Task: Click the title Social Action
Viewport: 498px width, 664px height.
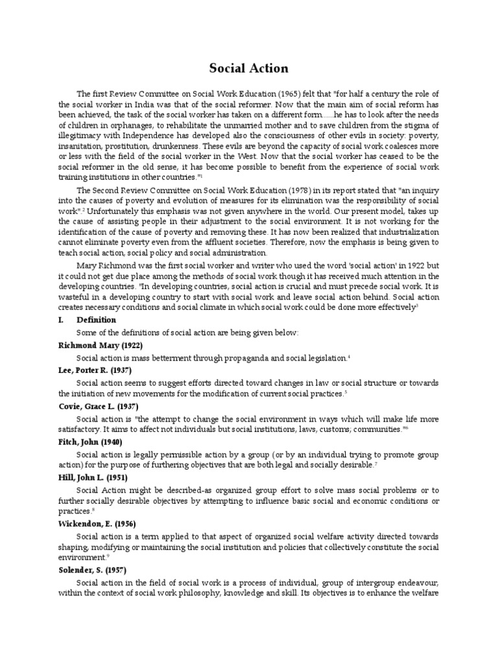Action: click(248, 68)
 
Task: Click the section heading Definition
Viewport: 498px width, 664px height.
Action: click(97, 320)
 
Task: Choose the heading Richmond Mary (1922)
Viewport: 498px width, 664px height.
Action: click(100, 345)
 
